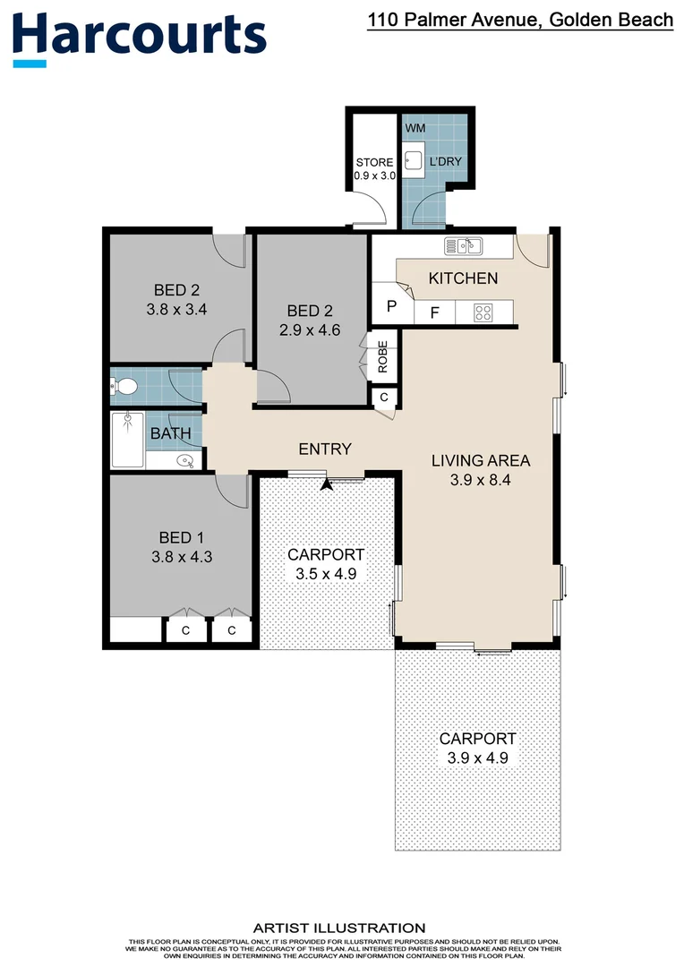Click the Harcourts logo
140,36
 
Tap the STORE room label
374,162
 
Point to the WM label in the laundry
415,128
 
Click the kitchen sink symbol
463,245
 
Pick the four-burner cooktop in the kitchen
483,313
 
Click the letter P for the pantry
390,307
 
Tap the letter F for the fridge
434,313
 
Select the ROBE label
382,356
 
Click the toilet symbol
124,387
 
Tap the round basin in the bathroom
185,461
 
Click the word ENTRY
325,449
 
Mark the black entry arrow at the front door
327,484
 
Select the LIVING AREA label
481,461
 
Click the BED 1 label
182,537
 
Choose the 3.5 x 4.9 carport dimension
326,574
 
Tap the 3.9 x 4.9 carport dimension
477,758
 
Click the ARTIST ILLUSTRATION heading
339,928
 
